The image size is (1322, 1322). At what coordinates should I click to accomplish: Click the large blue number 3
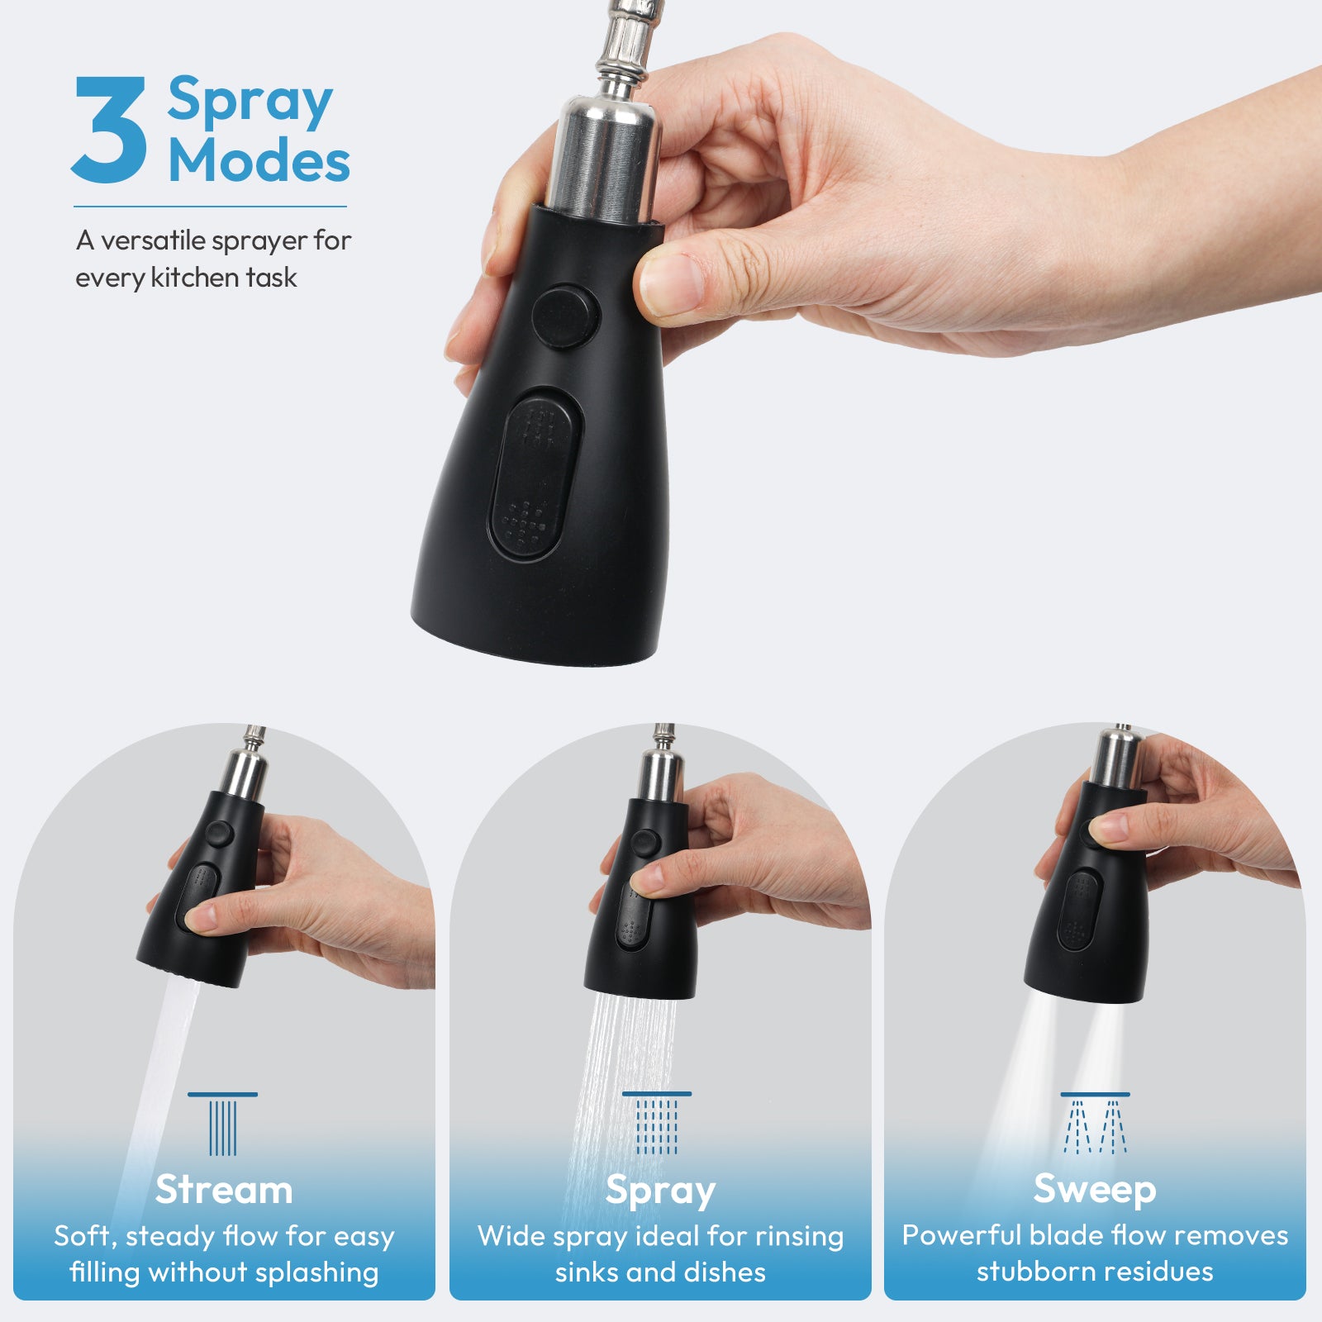(109, 130)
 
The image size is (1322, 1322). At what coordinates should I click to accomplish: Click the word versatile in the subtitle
(153, 240)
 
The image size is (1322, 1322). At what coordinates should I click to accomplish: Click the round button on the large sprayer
(565, 316)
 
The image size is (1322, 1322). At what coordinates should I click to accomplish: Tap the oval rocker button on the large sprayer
(535, 475)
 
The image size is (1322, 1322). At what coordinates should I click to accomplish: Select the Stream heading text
(224, 1190)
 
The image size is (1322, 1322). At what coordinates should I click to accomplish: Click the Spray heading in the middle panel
(659, 1190)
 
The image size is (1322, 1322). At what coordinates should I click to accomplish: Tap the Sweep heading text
(1094, 1189)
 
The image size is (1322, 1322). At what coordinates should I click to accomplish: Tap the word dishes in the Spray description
(724, 1272)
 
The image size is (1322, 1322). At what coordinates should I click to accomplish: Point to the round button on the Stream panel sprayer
(219, 832)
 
